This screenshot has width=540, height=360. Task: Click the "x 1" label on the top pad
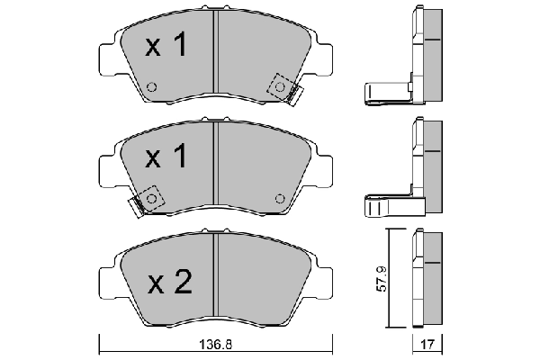(x=166, y=47)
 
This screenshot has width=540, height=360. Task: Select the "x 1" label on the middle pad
(x=166, y=158)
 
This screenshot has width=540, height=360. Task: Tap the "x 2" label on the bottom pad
(x=169, y=283)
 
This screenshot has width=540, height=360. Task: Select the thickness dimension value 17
(x=427, y=344)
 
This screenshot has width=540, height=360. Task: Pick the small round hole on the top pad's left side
(x=151, y=87)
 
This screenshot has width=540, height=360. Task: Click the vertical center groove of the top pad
(x=216, y=54)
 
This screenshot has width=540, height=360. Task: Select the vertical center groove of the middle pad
(x=216, y=166)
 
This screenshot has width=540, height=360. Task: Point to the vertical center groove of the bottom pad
(x=216, y=279)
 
